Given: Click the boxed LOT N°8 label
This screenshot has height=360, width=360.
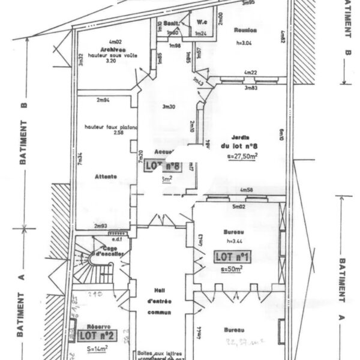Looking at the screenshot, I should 163,166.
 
